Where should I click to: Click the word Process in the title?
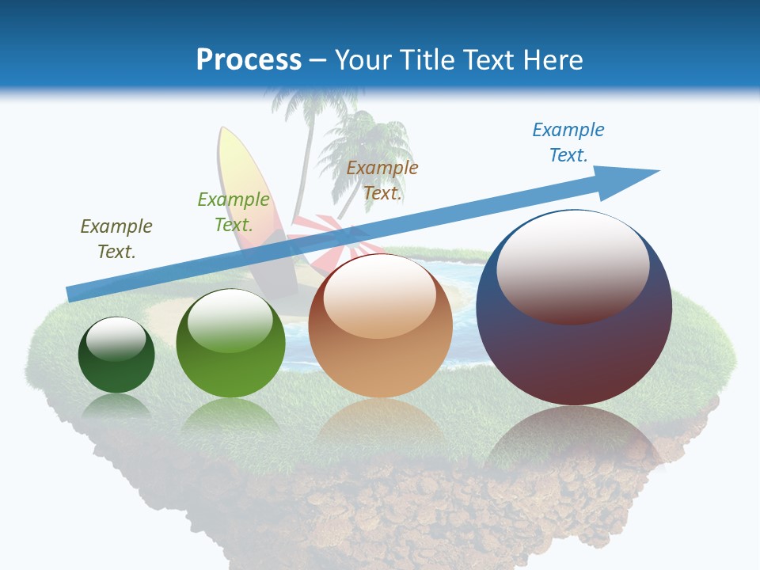point(249,59)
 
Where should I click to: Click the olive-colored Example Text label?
point(116,239)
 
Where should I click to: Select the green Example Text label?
point(234,212)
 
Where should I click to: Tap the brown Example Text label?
point(382,180)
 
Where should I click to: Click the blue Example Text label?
point(568,142)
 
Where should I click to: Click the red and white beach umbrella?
point(321,237)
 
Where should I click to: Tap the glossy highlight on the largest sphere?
point(572,265)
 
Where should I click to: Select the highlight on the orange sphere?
point(379,294)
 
